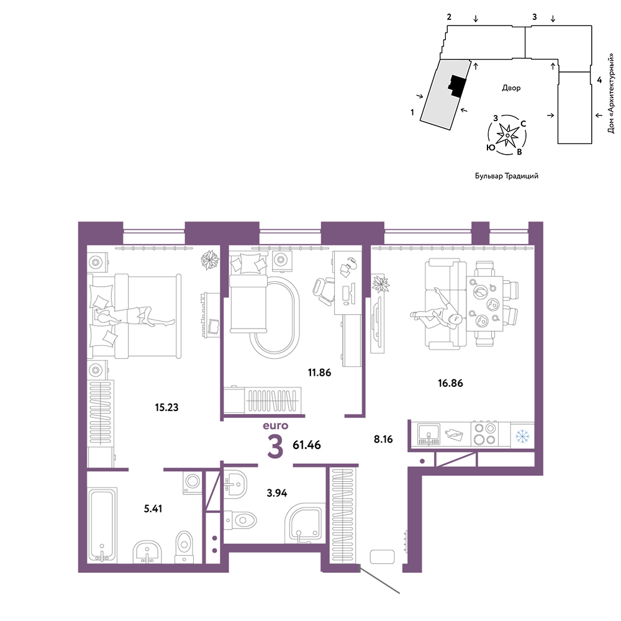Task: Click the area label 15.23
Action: pyautogui.click(x=166, y=407)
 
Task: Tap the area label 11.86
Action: pyautogui.click(x=319, y=372)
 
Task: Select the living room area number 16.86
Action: pyautogui.click(x=450, y=383)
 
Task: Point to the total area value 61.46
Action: pyautogui.click(x=307, y=445)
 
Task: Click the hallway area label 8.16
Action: pyautogui.click(x=383, y=439)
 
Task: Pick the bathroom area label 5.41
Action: pyautogui.click(x=153, y=509)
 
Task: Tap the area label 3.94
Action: pyautogui.click(x=276, y=492)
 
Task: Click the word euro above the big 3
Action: pyautogui.click(x=276, y=426)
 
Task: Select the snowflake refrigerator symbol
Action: pyautogui.click(x=522, y=437)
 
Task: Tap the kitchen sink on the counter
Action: pyautogui.click(x=428, y=435)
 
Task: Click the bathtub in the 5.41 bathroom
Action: pyautogui.click(x=102, y=525)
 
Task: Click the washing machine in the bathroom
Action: pyautogui.click(x=193, y=483)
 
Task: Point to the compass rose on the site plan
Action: pyautogui.click(x=507, y=135)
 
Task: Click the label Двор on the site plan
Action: pyautogui.click(x=511, y=88)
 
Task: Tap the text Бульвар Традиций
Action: pyautogui.click(x=507, y=176)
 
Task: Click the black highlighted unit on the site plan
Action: pyautogui.click(x=456, y=86)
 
